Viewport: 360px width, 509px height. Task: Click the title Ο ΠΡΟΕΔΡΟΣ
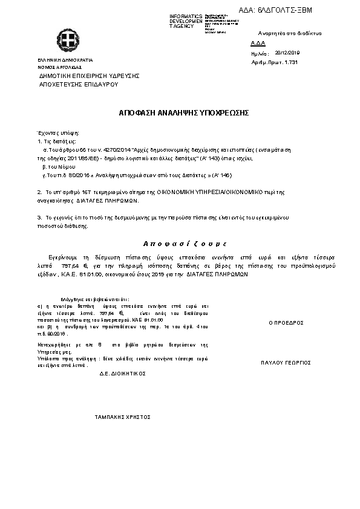(286, 323)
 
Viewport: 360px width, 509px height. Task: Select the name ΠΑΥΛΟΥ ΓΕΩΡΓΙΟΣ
(286, 363)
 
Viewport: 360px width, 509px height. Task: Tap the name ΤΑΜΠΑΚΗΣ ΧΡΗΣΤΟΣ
(122, 417)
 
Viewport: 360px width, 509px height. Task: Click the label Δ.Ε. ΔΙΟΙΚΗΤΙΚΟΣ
(123, 374)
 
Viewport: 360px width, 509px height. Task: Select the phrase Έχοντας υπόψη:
(58, 132)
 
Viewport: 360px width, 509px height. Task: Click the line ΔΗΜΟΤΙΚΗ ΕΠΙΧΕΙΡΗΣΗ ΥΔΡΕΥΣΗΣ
(89, 76)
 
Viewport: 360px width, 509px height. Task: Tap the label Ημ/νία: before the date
(258, 53)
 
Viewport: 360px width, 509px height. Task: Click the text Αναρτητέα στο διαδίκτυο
(289, 33)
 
